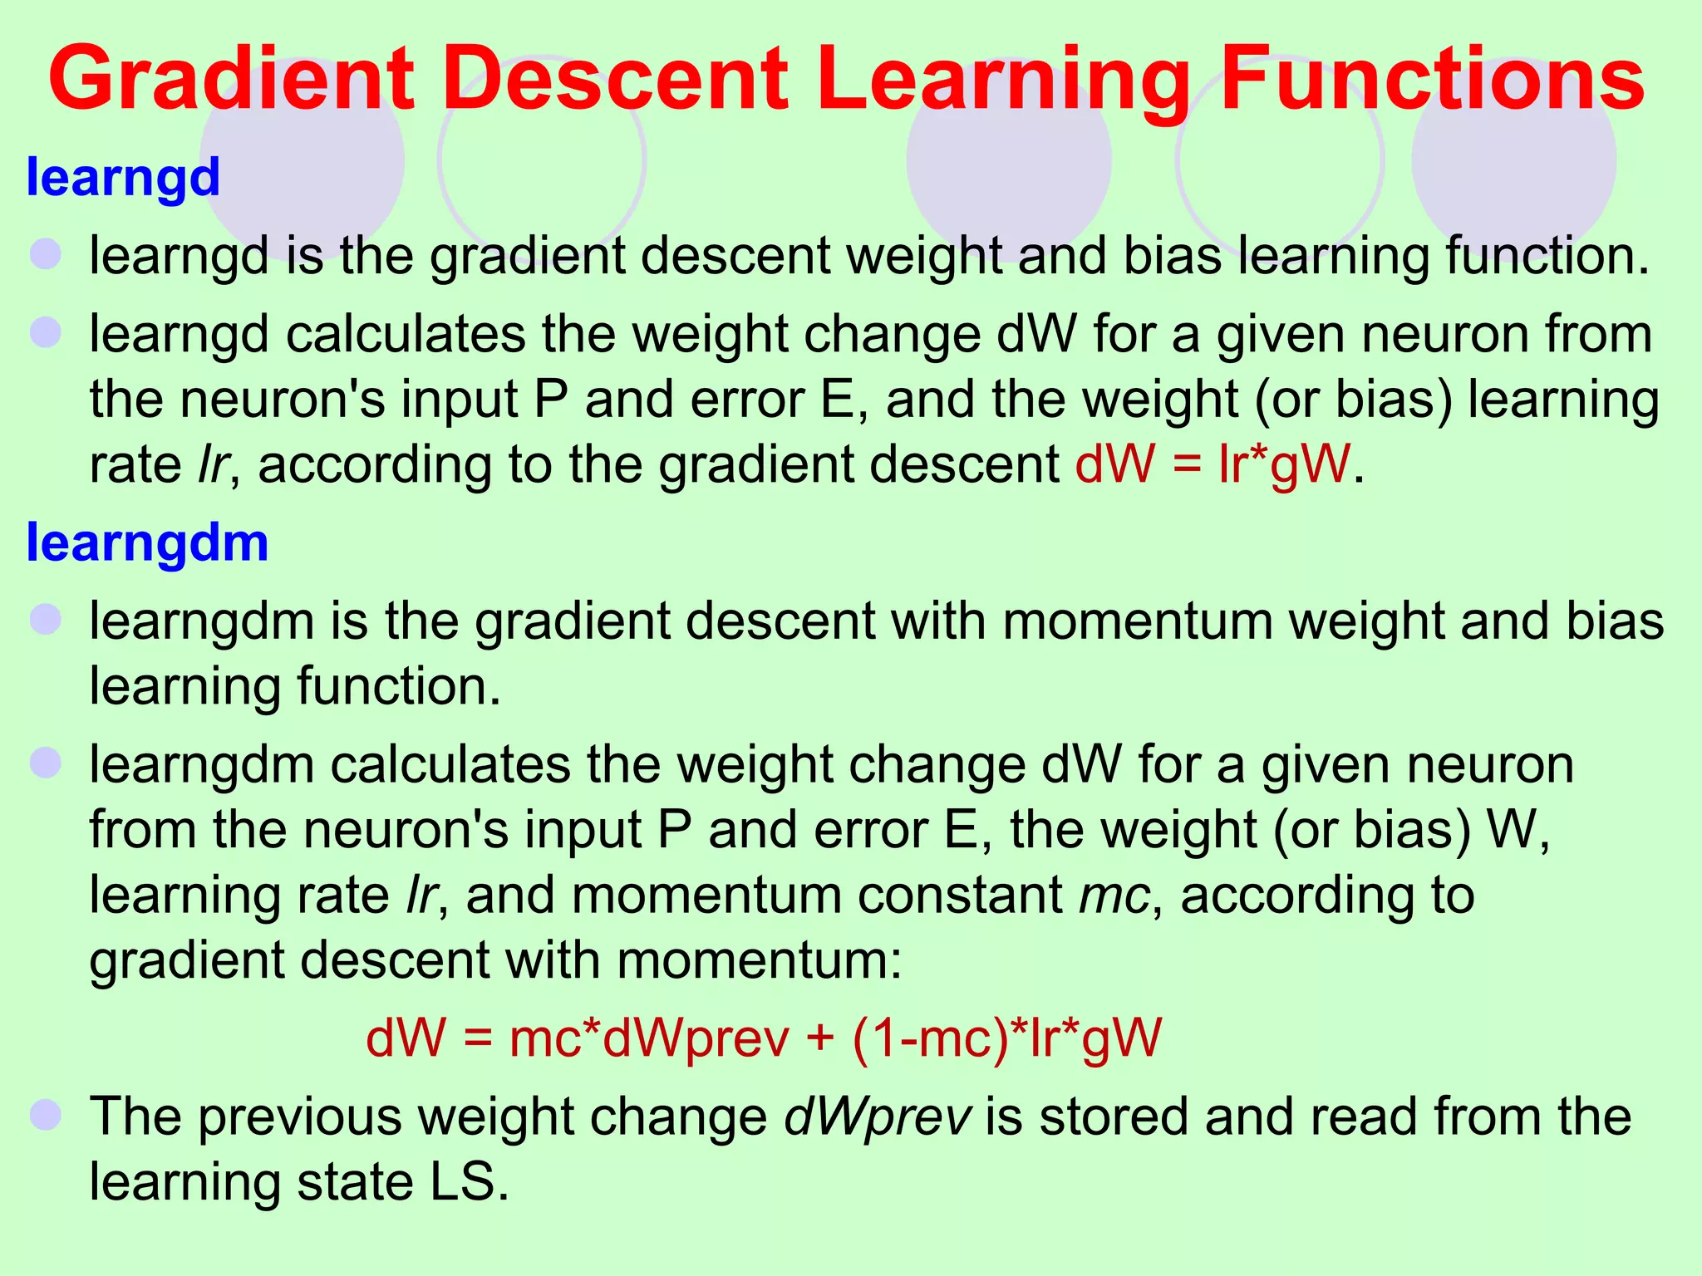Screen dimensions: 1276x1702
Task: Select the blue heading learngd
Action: [x=123, y=177]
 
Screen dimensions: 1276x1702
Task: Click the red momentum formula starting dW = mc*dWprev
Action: [x=763, y=1038]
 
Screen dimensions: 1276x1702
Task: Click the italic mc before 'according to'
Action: [x=1114, y=896]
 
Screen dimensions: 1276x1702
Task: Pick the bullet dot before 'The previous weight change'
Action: [x=46, y=1114]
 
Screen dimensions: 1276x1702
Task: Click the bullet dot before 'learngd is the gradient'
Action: [x=46, y=253]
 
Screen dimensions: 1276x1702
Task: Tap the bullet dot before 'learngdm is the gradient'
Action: [x=46, y=620]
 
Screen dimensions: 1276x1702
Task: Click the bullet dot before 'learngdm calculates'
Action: [x=46, y=763]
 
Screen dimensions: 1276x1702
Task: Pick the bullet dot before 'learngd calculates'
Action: [x=46, y=332]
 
